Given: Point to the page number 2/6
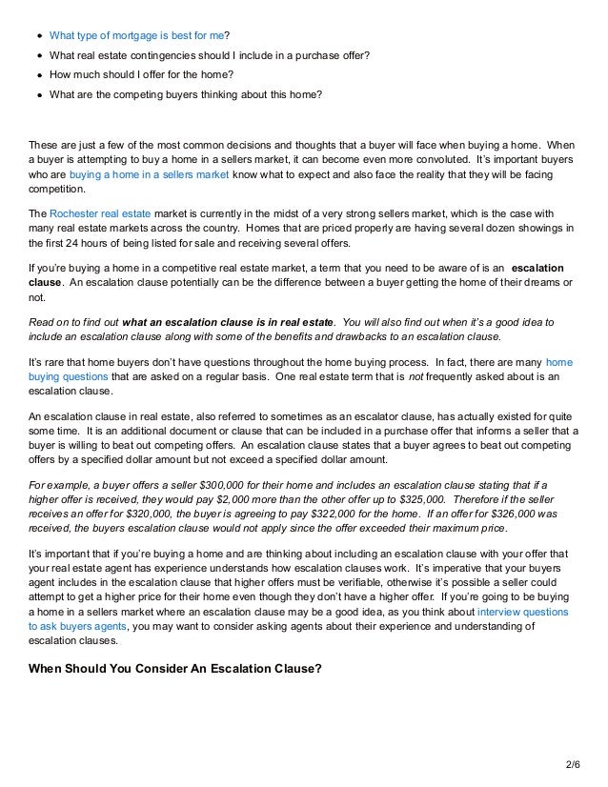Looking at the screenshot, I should pos(572,763).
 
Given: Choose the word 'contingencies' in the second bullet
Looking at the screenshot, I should pos(157,53).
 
